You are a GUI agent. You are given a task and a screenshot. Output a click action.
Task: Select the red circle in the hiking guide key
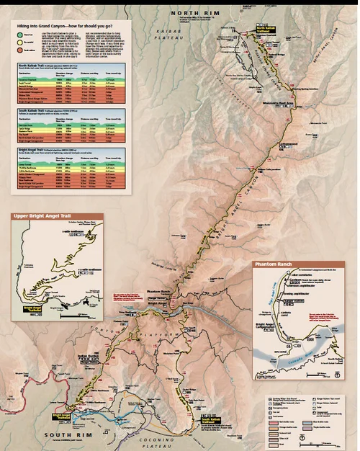[x=20, y=50]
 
